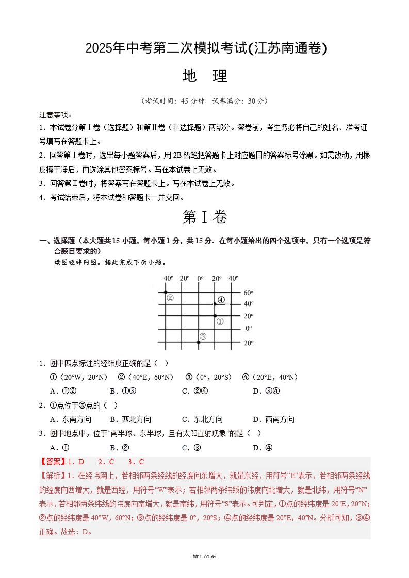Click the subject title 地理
coord(205,76)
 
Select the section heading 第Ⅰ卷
coord(204,217)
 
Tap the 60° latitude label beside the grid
coord(248,293)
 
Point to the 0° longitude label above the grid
coord(200,279)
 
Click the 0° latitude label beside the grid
coord(248,328)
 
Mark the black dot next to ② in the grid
coord(166,292)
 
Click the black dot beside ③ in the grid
coord(199,342)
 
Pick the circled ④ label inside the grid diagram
coord(221,300)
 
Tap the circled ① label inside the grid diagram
coord(220,321)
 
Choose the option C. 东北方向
coord(202,419)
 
